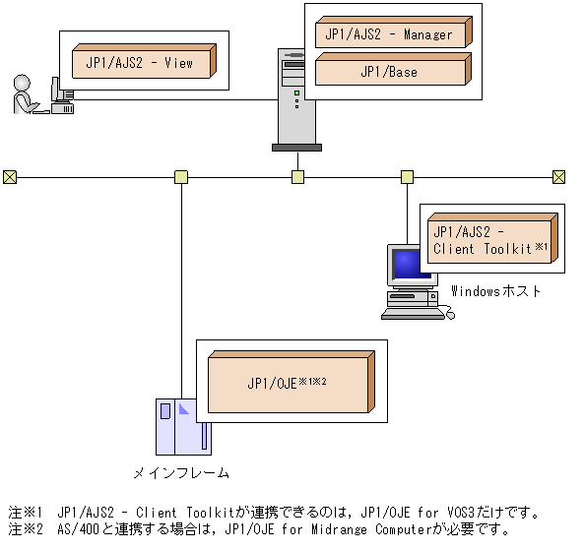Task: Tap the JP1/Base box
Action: pyautogui.click(x=389, y=71)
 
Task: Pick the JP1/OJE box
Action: pyautogui.click(x=287, y=384)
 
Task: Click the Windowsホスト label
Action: pyautogui.click(x=496, y=291)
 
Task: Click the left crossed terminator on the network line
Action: pyautogui.click(x=9, y=177)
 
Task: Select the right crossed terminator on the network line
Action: pyautogui.click(x=558, y=177)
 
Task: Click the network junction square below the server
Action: pyautogui.click(x=297, y=177)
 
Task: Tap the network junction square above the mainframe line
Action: pyautogui.click(x=181, y=177)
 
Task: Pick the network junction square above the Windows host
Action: pyautogui.click(x=407, y=177)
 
